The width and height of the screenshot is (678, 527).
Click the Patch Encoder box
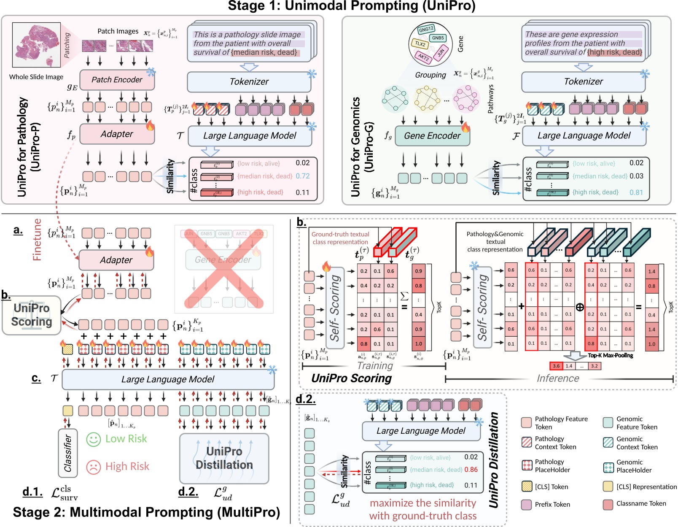[117, 80]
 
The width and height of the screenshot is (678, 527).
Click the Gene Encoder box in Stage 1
[432, 136]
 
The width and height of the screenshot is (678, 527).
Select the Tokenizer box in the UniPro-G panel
[583, 82]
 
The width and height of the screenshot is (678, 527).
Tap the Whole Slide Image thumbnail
[36, 45]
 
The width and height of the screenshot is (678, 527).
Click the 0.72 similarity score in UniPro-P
[302, 176]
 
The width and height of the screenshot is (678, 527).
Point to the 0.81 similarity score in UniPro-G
[636, 192]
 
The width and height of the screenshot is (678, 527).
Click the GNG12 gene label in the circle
[426, 29]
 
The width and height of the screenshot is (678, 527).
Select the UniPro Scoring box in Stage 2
[32, 315]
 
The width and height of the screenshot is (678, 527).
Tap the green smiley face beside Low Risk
[93, 439]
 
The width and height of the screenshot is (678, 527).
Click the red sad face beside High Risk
[93, 467]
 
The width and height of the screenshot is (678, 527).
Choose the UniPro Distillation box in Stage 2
[224, 458]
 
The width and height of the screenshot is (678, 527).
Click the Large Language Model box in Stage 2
[168, 379]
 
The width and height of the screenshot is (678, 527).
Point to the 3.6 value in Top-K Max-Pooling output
[556, 366]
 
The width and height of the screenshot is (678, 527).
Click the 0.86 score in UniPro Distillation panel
[471, 470]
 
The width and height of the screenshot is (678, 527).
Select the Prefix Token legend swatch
[526, 504]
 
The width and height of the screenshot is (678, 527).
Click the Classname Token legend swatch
[608, 504]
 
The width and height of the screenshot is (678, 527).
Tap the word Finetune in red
[37, 239]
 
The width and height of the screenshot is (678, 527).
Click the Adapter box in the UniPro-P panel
[117, 134]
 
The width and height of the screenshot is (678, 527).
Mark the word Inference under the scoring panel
[557, 378]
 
